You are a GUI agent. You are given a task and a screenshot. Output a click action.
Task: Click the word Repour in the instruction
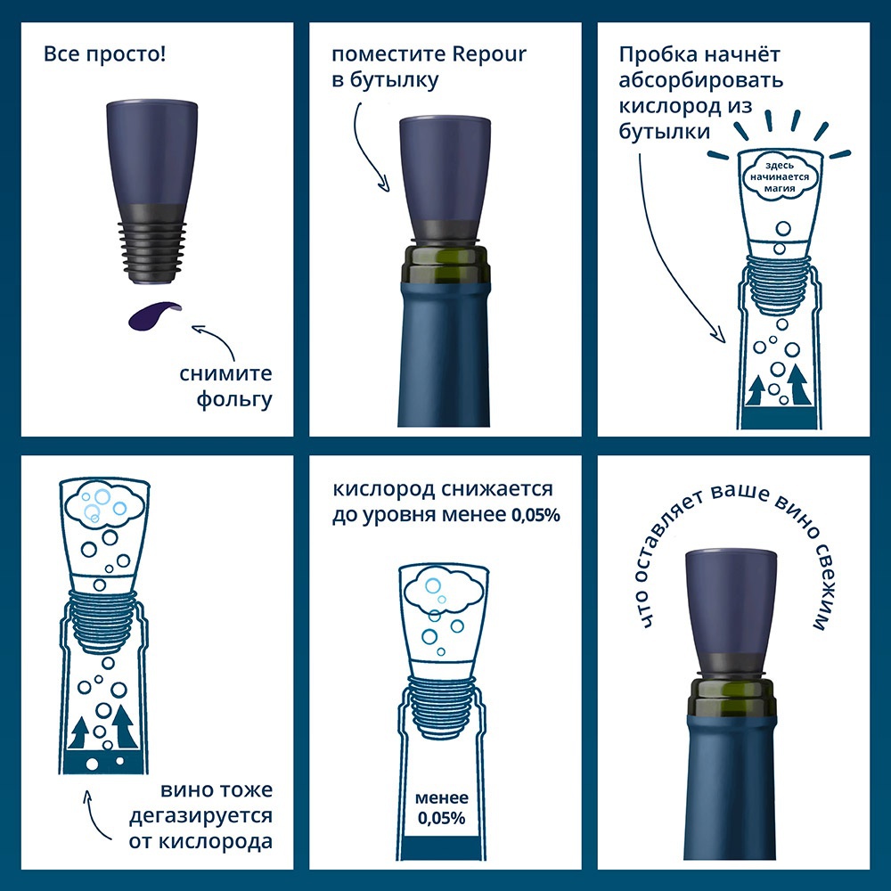(x=489, y=55)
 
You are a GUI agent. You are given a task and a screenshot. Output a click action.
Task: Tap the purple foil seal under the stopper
(x=153, y=315)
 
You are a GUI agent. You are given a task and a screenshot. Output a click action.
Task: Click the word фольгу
(x=234, y=399)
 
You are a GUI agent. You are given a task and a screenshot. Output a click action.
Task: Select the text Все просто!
(x=104, y=55)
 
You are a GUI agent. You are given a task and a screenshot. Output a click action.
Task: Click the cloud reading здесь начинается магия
(x=780, y=176)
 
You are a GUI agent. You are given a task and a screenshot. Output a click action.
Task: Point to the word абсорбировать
(x=700, y=81)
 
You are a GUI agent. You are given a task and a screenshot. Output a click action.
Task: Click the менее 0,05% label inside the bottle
(x=442, y=807)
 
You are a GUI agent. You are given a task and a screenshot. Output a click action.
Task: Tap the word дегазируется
(x=200, y=816)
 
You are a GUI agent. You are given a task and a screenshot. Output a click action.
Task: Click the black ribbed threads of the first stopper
(x=152, y=250)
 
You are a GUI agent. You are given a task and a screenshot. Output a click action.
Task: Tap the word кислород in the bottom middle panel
(x=384, y=489)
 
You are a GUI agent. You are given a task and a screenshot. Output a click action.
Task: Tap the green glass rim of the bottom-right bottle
(x=732, y=697)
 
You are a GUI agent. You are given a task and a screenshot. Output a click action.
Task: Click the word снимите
(x=225, y=374)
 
